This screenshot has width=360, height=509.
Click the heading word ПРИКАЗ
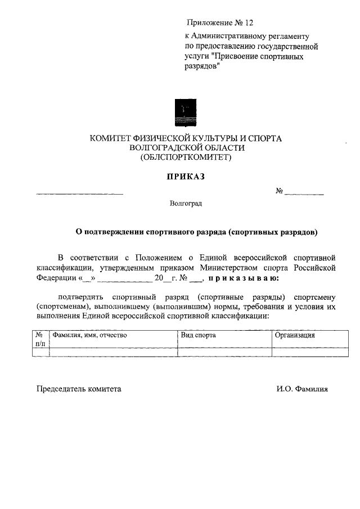pyautogui.click(x=186, y=177)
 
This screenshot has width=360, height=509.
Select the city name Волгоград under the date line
pyautogui.click(x=185, y=204)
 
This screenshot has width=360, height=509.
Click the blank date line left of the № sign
pyautogui.click(x=79, y=193)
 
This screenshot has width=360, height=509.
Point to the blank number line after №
pyautogui.click(x=304, y=193)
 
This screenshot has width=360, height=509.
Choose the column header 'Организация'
pyautogui.click(x=295, y=335)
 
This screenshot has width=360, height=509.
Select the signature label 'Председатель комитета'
pyautogui.click(x=79, y=389)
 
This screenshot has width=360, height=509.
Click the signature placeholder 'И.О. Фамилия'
pyautogui.click(x=302, y=389)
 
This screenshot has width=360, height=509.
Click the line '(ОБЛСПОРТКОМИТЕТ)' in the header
pyautogui.click(x=186, y=157)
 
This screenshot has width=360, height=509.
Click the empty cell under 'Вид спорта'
pyautogui.click(x=225, y=352)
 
